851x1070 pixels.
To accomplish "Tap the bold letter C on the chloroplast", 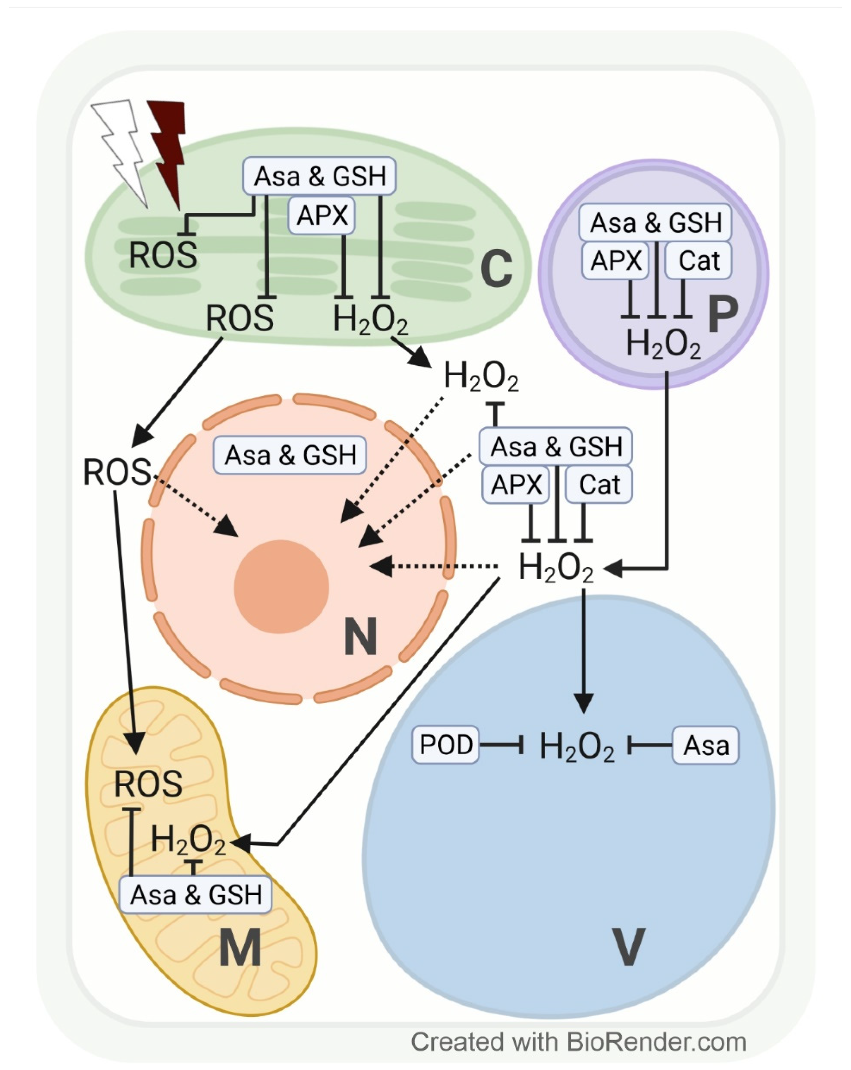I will click(x=496, y=270).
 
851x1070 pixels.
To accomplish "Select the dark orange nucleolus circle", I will click(x=281, y=587).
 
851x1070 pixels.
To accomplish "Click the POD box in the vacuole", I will click(x=445, y=744).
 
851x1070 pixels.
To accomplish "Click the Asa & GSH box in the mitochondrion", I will click(x=196, y=895).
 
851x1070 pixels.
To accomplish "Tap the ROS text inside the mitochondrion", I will click(x=148, y=784).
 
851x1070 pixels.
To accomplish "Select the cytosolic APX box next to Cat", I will click(x=516, y=484).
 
